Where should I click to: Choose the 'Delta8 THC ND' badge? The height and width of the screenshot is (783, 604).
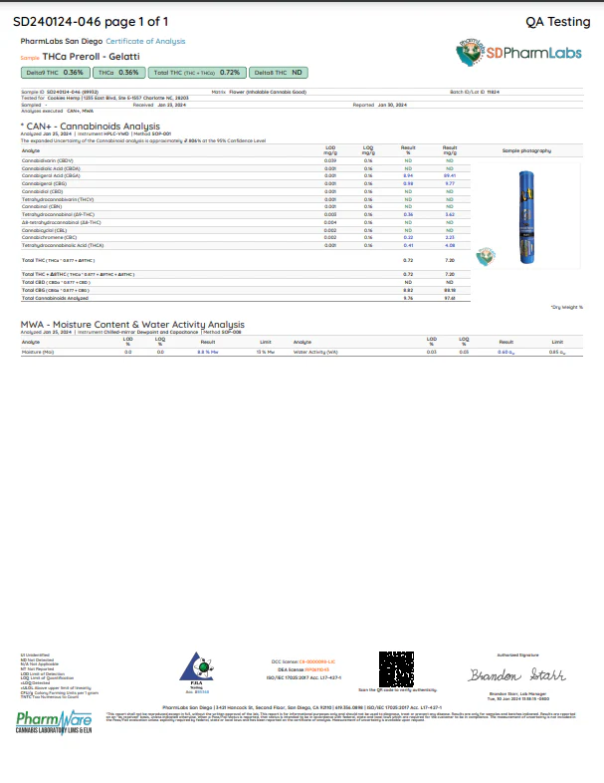(x=277, y=73)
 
